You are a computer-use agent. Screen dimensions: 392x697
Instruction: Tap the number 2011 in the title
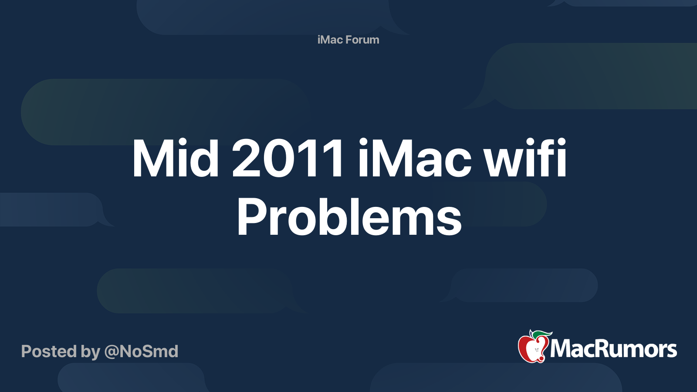(x=288, y=159)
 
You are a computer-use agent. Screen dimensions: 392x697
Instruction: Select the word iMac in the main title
(x=414, y=159)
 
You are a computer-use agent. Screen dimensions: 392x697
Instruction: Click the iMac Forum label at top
(x=348, y=40)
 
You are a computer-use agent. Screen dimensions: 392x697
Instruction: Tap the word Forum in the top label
(x=362, y=40)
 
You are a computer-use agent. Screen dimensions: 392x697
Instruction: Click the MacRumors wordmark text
(x=613, y=349)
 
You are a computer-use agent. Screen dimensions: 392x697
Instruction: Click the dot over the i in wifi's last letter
(x=561, y=142)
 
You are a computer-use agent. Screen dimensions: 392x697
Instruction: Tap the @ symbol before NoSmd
(x=111, y=352)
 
